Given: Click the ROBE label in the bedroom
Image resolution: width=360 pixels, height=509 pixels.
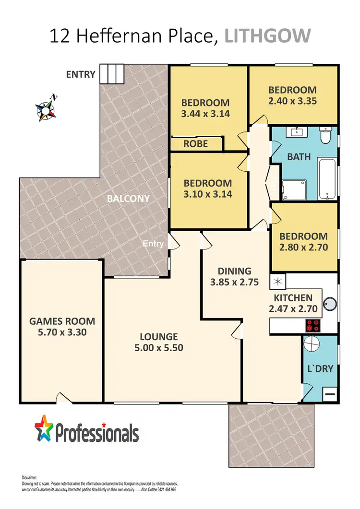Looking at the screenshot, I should pyautogui.click(x=196, y=143).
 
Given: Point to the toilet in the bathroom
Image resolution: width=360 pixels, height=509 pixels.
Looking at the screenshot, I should pyautogui.click(x=326, y=135).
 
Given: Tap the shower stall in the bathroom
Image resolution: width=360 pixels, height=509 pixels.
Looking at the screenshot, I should pyautogui.click(x=293, y=189).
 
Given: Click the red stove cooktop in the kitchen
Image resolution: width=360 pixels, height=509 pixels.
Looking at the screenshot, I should pyautogui.click(x=312, y=325).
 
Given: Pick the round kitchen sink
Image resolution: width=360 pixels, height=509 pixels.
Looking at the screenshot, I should pyautogui.click(x=330, y=304).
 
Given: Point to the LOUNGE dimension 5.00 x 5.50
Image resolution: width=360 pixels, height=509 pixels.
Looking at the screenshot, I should pyautogui.click(x=159, y=348).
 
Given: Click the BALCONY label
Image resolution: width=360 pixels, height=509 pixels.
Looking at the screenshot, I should pyautogui.click(x=129, y=198).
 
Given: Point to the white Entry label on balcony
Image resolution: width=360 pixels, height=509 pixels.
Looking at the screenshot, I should pyautogui.click(x=153, y=244).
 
